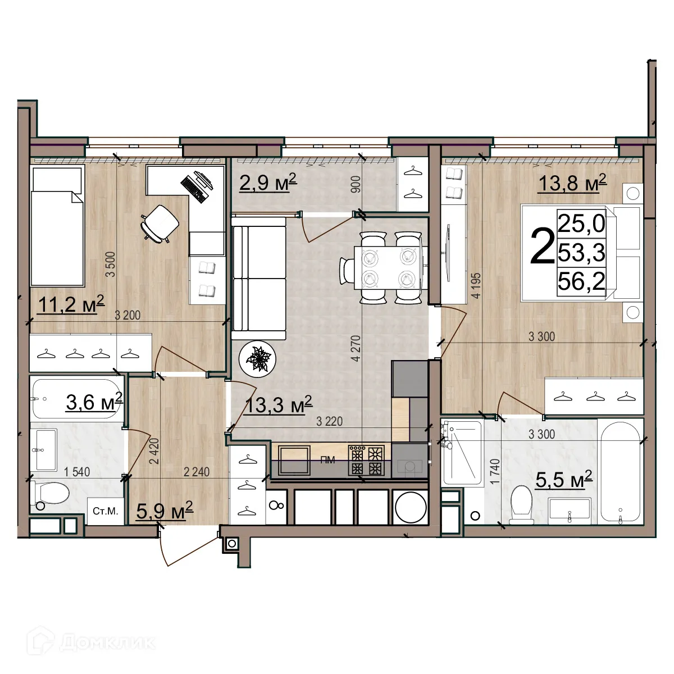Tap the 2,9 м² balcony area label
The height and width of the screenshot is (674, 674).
[x=267, y=183]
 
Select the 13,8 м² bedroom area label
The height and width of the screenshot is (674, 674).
[x=572, y=183]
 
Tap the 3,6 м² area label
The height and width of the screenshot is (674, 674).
[x=94, y=402]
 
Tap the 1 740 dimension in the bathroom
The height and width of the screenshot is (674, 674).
[x=494, y=471]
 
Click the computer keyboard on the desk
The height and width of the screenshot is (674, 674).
[x=193, y=188]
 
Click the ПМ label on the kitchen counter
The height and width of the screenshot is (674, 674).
[x=327, y=461]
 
